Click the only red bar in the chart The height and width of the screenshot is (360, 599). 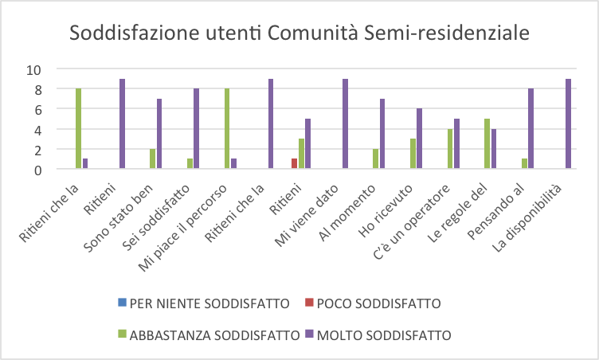pos(294,164)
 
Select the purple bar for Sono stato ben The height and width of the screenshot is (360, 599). pos(159,134)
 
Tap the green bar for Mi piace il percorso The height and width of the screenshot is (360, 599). pos(227,129)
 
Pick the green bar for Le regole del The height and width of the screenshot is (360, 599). pos(486,144)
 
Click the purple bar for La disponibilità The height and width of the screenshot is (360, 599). pos(567,124)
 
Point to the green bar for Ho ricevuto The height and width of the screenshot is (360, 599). pos(412,154)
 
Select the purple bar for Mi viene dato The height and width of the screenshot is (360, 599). pos(345,124)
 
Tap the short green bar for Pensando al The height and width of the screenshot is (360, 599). pos(523,164)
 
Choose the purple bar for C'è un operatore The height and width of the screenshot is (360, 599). pos(456,144)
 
